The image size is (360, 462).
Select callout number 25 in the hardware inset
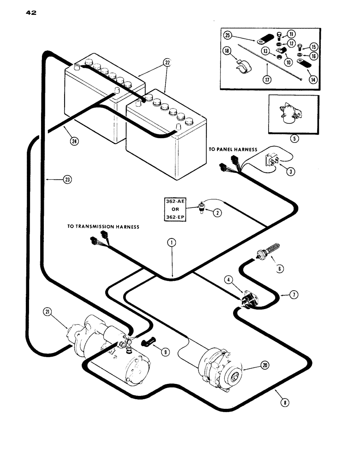(240, 35)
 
